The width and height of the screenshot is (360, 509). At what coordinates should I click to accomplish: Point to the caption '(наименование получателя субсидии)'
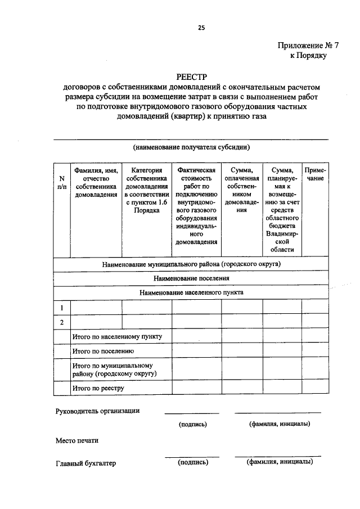pyautogui.click(x=191, y=147)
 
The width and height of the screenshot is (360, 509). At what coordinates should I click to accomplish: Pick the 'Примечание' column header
pyautogui.click(x=314, y=174)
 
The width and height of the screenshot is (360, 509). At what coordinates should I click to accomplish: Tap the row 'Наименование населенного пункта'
pyautogui.click(x=191, y=292)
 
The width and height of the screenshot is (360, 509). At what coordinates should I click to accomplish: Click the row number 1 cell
pyautogui.click(x=61, y=307)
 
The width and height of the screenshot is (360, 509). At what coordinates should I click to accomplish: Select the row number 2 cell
pyautogui.click(x=61, y=322)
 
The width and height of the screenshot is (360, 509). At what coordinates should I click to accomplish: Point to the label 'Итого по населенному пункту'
pyautogui.click(x=118, y=336)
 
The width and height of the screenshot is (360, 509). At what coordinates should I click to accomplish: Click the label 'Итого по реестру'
pyautogui.click(x=98, y=388)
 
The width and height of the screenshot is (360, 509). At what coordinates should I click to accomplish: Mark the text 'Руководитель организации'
pyautogui.click(x=97, y=411)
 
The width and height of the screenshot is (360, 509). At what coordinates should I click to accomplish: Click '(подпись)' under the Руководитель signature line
pyautogui.click(x=193, y=424)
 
